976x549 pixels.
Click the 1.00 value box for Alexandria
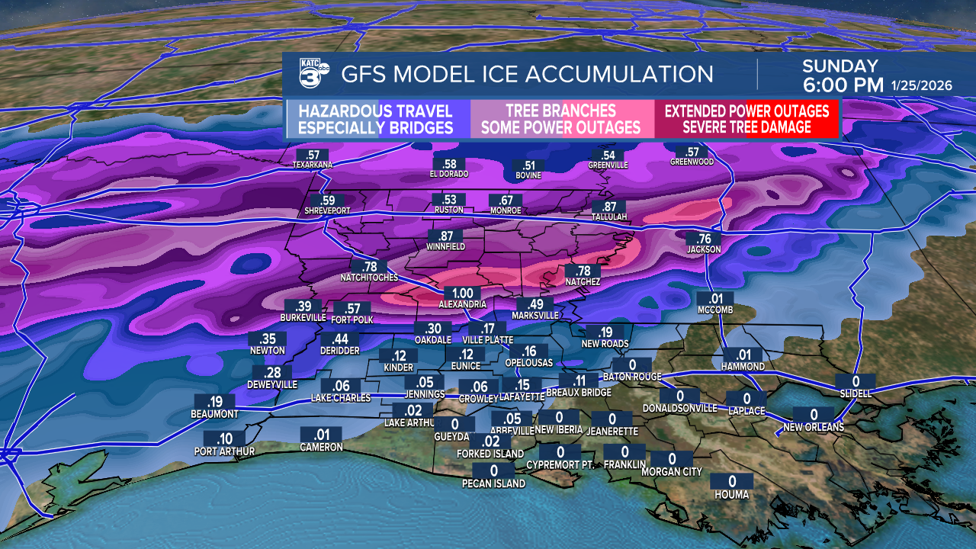point(462,293)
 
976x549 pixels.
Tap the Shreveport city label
point(328,211)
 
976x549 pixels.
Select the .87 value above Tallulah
point(609,207)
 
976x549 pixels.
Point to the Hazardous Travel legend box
point(376,119)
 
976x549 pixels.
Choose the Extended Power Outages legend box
point(746,119)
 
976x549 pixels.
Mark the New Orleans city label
point(814,428)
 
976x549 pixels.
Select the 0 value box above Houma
point(733,481)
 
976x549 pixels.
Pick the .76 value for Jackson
point(704,238)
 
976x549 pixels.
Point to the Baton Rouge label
point(631,377)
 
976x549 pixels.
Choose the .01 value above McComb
point(714,298)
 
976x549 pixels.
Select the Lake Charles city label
point(341,398)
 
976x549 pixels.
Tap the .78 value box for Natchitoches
point(371,266)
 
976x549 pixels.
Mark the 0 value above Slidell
point(856,381)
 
